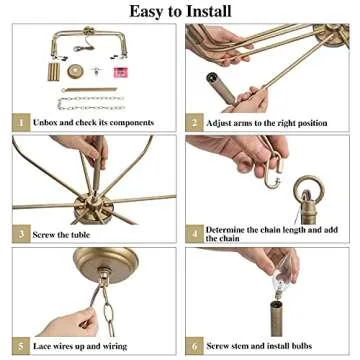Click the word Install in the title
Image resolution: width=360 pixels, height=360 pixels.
coord(205,11)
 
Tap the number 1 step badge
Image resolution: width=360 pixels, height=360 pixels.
coord(19,123)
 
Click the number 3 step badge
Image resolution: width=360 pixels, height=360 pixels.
coord(19,234)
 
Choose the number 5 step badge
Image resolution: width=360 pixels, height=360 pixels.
coord(19,345)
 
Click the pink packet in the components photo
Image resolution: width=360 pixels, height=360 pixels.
coord(120,72)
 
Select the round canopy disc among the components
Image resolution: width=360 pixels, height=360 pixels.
coord(76,71)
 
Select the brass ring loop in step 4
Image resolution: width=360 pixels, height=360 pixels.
coord(306,187)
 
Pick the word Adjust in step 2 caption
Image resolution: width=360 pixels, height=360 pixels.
coord(222,123)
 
